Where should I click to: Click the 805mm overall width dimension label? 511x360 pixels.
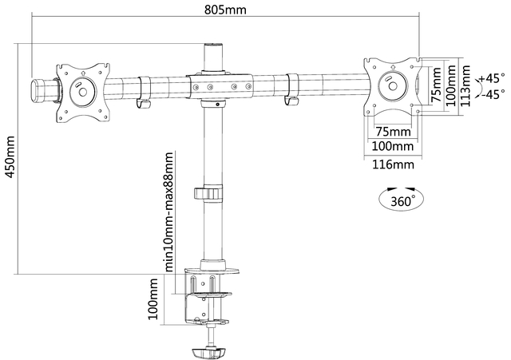coord(224,10)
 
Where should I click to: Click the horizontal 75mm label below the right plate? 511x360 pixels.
coord(393,130)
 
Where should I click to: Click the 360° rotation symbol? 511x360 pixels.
coord(401,200)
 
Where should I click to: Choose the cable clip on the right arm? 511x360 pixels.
coord(290,89)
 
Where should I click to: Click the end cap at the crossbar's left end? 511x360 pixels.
coord(39,89)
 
